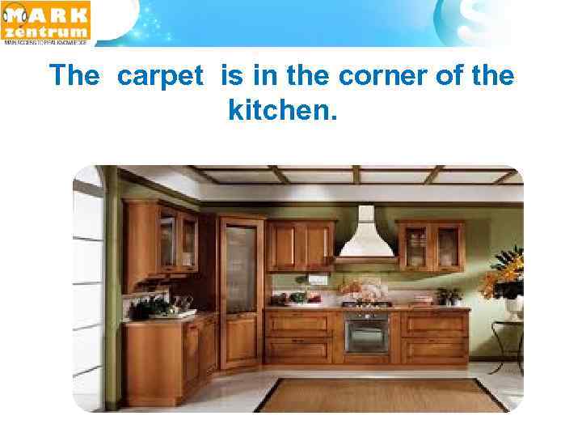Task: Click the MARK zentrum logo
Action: [46, 22]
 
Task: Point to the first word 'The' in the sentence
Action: [74, 76]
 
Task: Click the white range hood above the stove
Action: [366, 234]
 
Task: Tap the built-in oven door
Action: [367, 333]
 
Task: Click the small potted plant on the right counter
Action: [448, 296]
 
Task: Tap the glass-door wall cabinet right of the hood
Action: [430, 246]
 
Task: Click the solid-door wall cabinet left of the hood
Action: [301, 244]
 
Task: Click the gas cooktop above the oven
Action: [366, 304]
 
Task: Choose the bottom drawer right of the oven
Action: [435, 350]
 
